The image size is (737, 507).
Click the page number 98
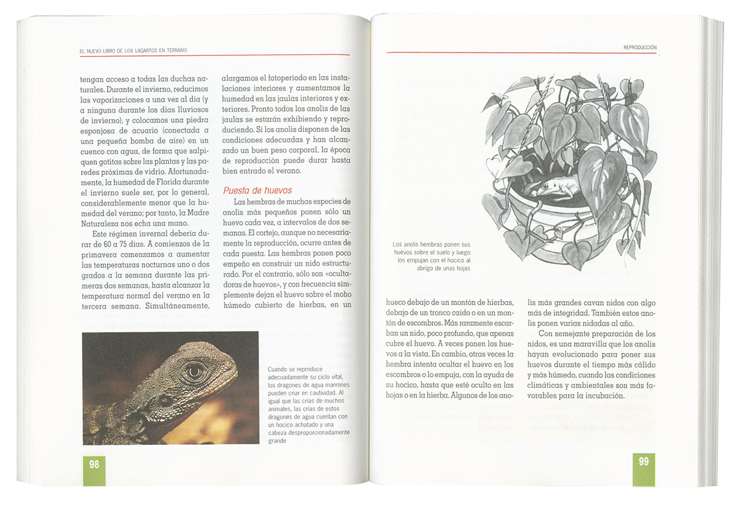[94, 465]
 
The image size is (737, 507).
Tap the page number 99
[643, 462]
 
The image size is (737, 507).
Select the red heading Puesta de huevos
[257, 190]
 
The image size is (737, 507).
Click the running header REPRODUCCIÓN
[639, 47]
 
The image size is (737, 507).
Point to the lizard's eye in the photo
[194, 370]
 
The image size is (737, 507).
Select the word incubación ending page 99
[599, 395]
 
